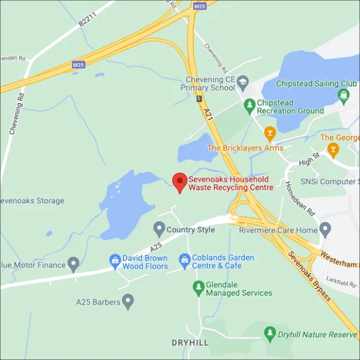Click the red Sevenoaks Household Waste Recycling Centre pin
pyautogui.click(x=179, y=182)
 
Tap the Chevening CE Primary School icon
pyautogui.click(x=243, y=82)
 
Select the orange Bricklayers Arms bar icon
pyautogui.click(x=270, y=133)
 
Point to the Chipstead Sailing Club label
pyautogui.click(x=308, y=83)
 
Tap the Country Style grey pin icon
pyautogui.click(x=159, y=229)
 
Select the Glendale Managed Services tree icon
pyautogui.click(x=198, y=288)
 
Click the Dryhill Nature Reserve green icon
pyautogui.click(x=270, y=334)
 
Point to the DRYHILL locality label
pyautogui.click(x=190, y=342)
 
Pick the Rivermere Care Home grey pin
pyautogui.click(x=325, y=229)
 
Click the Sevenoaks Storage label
pyautogui.click(x=33, y=200)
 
